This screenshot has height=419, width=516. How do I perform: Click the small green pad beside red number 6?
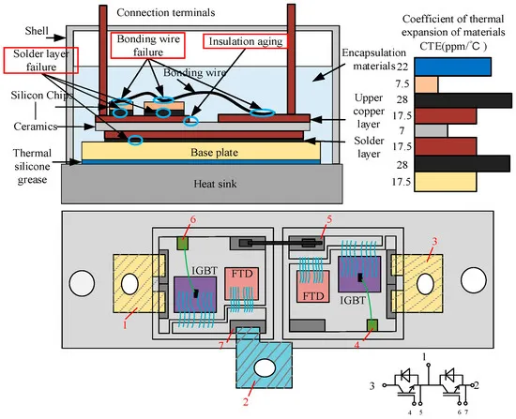coord(182,244)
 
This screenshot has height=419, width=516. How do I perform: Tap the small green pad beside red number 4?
coord(371,326)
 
